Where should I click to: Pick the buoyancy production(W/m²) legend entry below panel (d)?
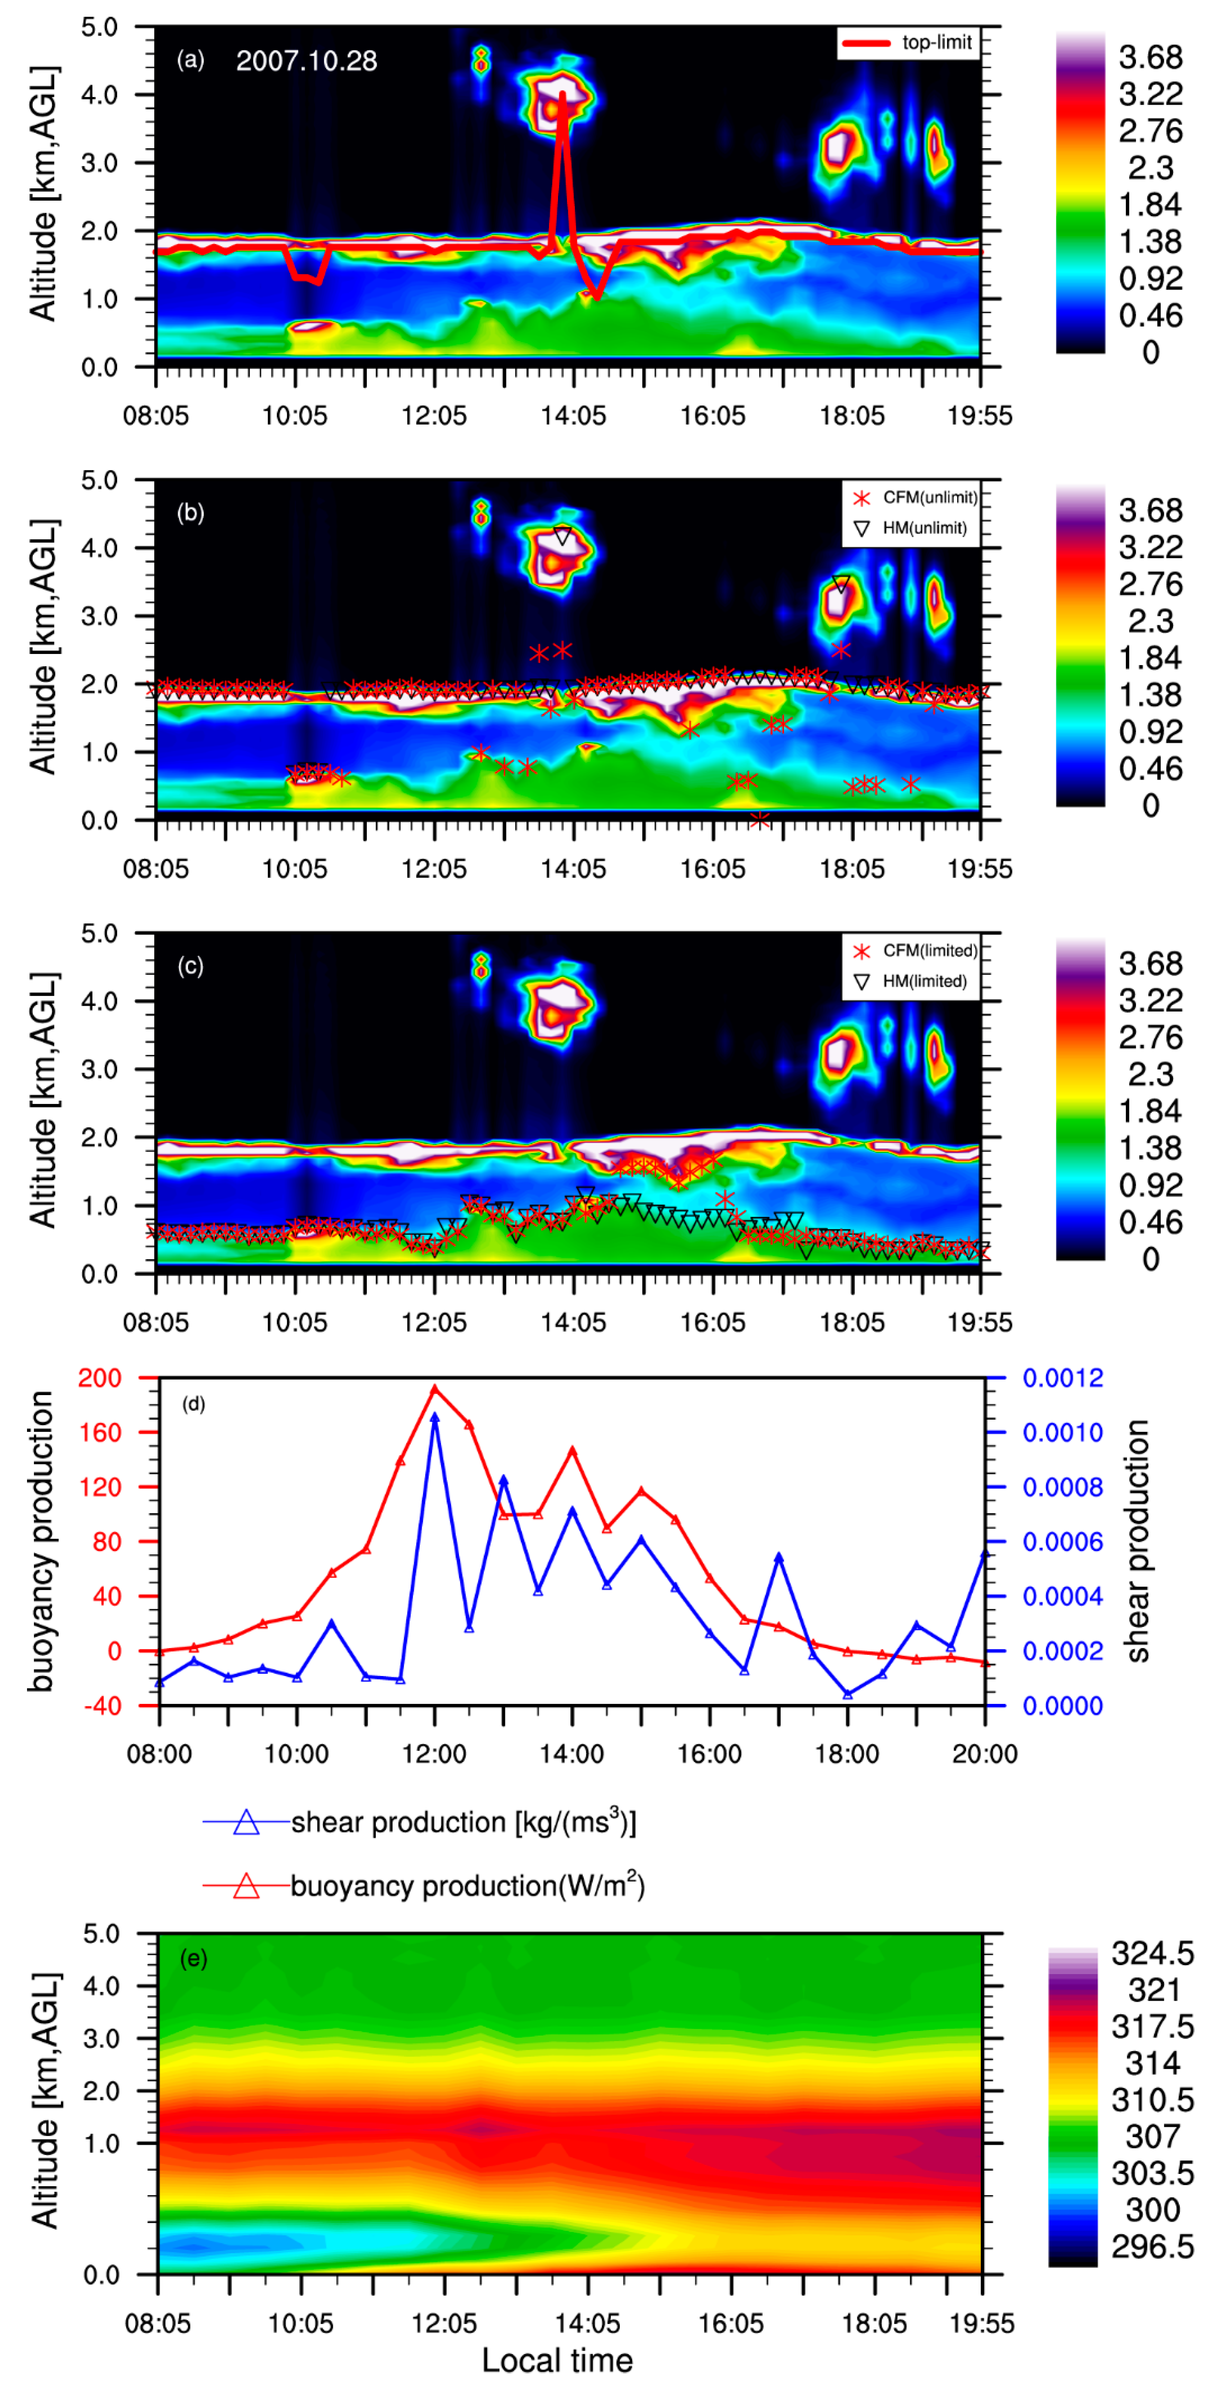[422, 1886]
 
